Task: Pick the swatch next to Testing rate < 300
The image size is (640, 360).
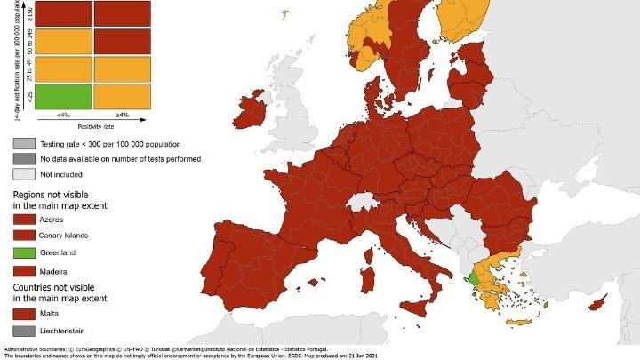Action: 24,143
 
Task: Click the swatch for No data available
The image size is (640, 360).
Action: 24,158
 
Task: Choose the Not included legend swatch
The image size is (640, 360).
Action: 24,174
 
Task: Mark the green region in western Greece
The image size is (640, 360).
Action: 476,279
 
